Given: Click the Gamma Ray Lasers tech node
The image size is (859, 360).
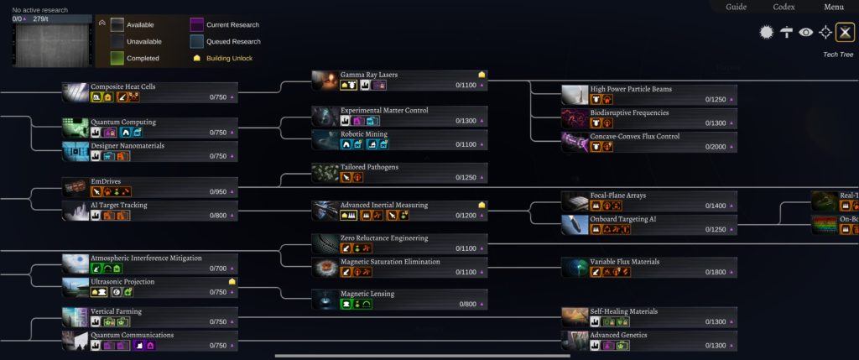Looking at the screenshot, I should (x=399, y=80).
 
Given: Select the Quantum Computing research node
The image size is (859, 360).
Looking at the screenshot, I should (x=151, y=127).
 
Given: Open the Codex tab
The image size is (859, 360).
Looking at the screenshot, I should (x=784, y=7).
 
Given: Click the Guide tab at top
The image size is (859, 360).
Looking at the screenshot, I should (x=736, y=7).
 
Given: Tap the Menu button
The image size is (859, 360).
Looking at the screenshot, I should (x=833, y=7).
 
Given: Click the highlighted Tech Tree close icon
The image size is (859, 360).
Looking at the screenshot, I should (x=845, y=33).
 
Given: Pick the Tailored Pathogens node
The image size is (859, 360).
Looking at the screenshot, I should (x=399, y=172).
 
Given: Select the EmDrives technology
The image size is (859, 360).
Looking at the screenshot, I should (x=151, y=185).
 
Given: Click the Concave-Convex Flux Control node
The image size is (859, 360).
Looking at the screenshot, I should (x=649, y=142).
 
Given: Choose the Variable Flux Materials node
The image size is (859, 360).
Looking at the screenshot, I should (x=649, y=267).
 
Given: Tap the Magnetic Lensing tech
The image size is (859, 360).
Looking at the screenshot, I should (x=399, y=299).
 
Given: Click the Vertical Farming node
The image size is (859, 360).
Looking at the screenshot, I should (x=151, y=316).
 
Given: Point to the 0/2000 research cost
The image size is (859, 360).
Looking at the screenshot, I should (x=716, y=147).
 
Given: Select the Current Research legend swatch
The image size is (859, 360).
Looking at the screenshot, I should (x=197, y=25).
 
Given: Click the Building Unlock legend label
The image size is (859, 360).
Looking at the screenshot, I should (x=229, y=59).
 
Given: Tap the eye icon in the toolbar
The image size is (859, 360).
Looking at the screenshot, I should (x=806, y=33).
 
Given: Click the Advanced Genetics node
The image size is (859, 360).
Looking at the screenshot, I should (x=649, y=340).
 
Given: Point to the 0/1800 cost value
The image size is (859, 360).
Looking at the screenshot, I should (x=716, y=272).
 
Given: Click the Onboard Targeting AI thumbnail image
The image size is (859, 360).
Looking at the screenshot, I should (x=575, y=224).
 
